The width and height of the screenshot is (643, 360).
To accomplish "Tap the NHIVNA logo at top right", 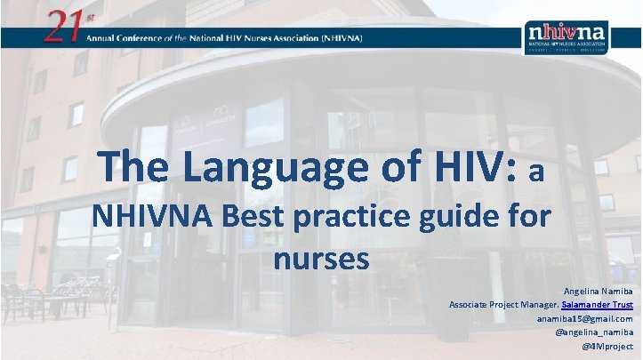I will coord(567,36).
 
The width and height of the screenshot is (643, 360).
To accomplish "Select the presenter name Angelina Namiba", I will coord(599,290).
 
